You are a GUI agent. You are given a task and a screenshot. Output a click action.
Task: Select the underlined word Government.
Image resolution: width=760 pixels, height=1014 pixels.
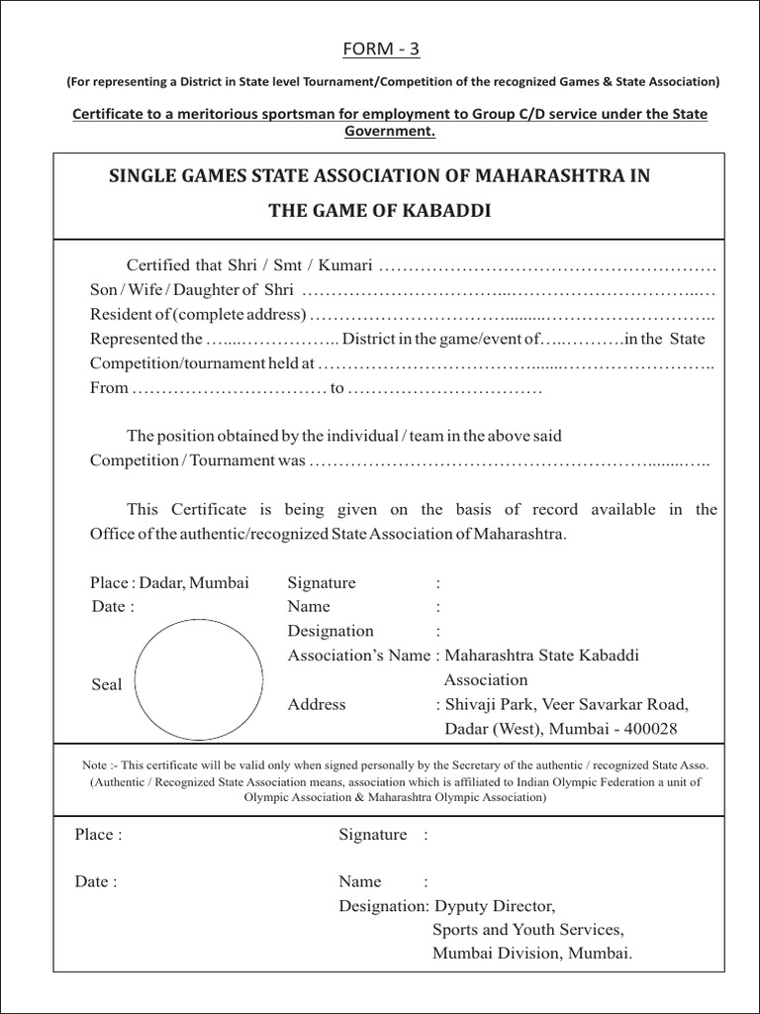(x=389, y=131)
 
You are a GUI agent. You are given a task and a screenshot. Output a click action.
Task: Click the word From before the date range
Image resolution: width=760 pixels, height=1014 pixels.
(x=109, y=387)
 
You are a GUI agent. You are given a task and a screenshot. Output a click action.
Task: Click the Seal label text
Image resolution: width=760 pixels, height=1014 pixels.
(x=106, y=684)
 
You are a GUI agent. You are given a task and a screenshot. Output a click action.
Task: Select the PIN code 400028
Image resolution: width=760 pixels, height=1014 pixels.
(x=647, y=729)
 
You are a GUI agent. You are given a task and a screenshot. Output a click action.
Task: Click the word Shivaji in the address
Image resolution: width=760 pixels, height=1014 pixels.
(x=471, y=704)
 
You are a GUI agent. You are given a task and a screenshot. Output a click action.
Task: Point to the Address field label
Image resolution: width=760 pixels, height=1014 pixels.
(x=317, y=704)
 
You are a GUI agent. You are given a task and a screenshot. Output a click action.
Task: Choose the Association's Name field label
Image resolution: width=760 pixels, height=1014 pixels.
(x=358, y=655)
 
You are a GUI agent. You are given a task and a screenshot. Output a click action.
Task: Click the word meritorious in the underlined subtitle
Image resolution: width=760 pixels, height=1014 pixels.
(x=215, y=114)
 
